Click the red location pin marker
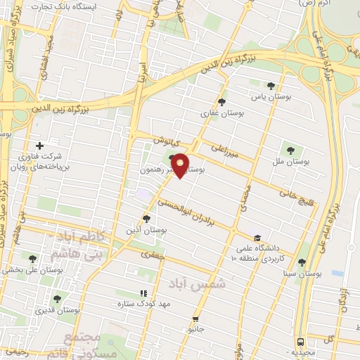tap(180, 166)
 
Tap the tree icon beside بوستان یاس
tap(271, 85)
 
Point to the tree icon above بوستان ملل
tap(290, 149)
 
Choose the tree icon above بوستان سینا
tap(302, 262)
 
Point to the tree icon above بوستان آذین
tap(146, 219)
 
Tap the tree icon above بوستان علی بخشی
tap(30, 257)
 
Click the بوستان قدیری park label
tap(58, 309)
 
